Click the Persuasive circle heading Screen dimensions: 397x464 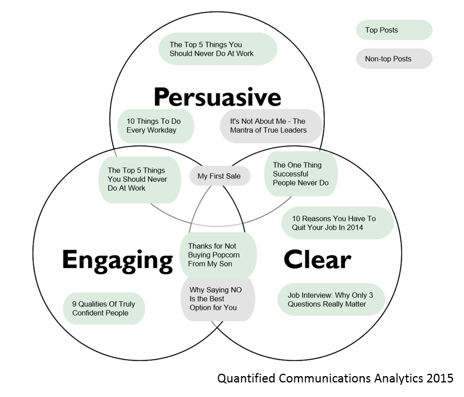click(x=217, y=95)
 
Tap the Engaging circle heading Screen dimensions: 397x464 click(x=117, y=259)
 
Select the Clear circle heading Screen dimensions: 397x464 click(x=317, y=259)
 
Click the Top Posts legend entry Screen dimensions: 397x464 click(x=394, y=30)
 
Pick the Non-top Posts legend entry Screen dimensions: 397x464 click(x=394, y=59)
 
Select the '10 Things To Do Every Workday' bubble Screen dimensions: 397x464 click(x=156, y=126)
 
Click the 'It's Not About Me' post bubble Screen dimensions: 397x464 click(x=271, y=126)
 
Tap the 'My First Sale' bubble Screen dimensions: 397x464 click(x=220, y=176)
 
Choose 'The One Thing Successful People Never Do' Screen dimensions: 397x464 click(x=301, y=174)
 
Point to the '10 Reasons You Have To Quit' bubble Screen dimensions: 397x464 click(x=337, y=223)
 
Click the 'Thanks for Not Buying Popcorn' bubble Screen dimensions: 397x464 click(x=217, y=255)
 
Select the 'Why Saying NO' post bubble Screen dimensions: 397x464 click(x=217, y=298)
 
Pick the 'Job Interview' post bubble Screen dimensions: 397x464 click(x=331, y=299)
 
